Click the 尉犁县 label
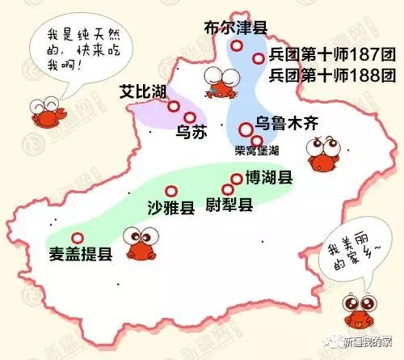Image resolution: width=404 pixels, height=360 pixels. [229, 205]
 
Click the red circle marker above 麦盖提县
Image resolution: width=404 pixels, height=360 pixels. [78, 238]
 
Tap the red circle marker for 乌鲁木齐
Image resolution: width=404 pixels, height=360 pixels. [245, 129]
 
